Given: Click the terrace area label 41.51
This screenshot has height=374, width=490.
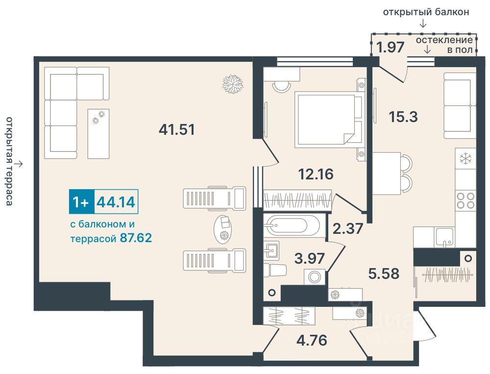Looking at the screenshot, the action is (177, 129).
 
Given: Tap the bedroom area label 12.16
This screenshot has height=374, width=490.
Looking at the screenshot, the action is (316, 174).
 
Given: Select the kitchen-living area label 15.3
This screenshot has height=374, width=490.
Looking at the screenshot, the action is (403, 117).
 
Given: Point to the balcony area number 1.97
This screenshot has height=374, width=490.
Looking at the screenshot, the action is (391, 47).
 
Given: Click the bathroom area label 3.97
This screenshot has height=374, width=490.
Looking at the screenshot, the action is (310, 258).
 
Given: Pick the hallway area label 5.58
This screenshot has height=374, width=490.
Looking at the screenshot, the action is (384, 274).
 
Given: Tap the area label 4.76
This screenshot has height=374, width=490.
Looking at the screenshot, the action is (312, 340).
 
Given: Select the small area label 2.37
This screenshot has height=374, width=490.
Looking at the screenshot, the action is (348, 228).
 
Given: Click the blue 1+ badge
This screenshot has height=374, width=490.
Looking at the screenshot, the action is (81, 201).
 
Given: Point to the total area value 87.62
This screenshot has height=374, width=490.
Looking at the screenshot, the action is (136, 238).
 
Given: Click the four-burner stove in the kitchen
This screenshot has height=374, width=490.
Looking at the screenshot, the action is (465, 201).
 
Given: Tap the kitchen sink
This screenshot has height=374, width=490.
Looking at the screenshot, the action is (444, 237).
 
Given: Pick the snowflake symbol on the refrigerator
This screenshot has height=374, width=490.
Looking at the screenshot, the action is (465, 159).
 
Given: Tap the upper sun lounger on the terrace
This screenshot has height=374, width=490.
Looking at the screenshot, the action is (215, 198).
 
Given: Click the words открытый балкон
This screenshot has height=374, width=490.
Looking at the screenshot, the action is (426, 12).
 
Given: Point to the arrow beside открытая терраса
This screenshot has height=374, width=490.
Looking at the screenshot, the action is (19, 164).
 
